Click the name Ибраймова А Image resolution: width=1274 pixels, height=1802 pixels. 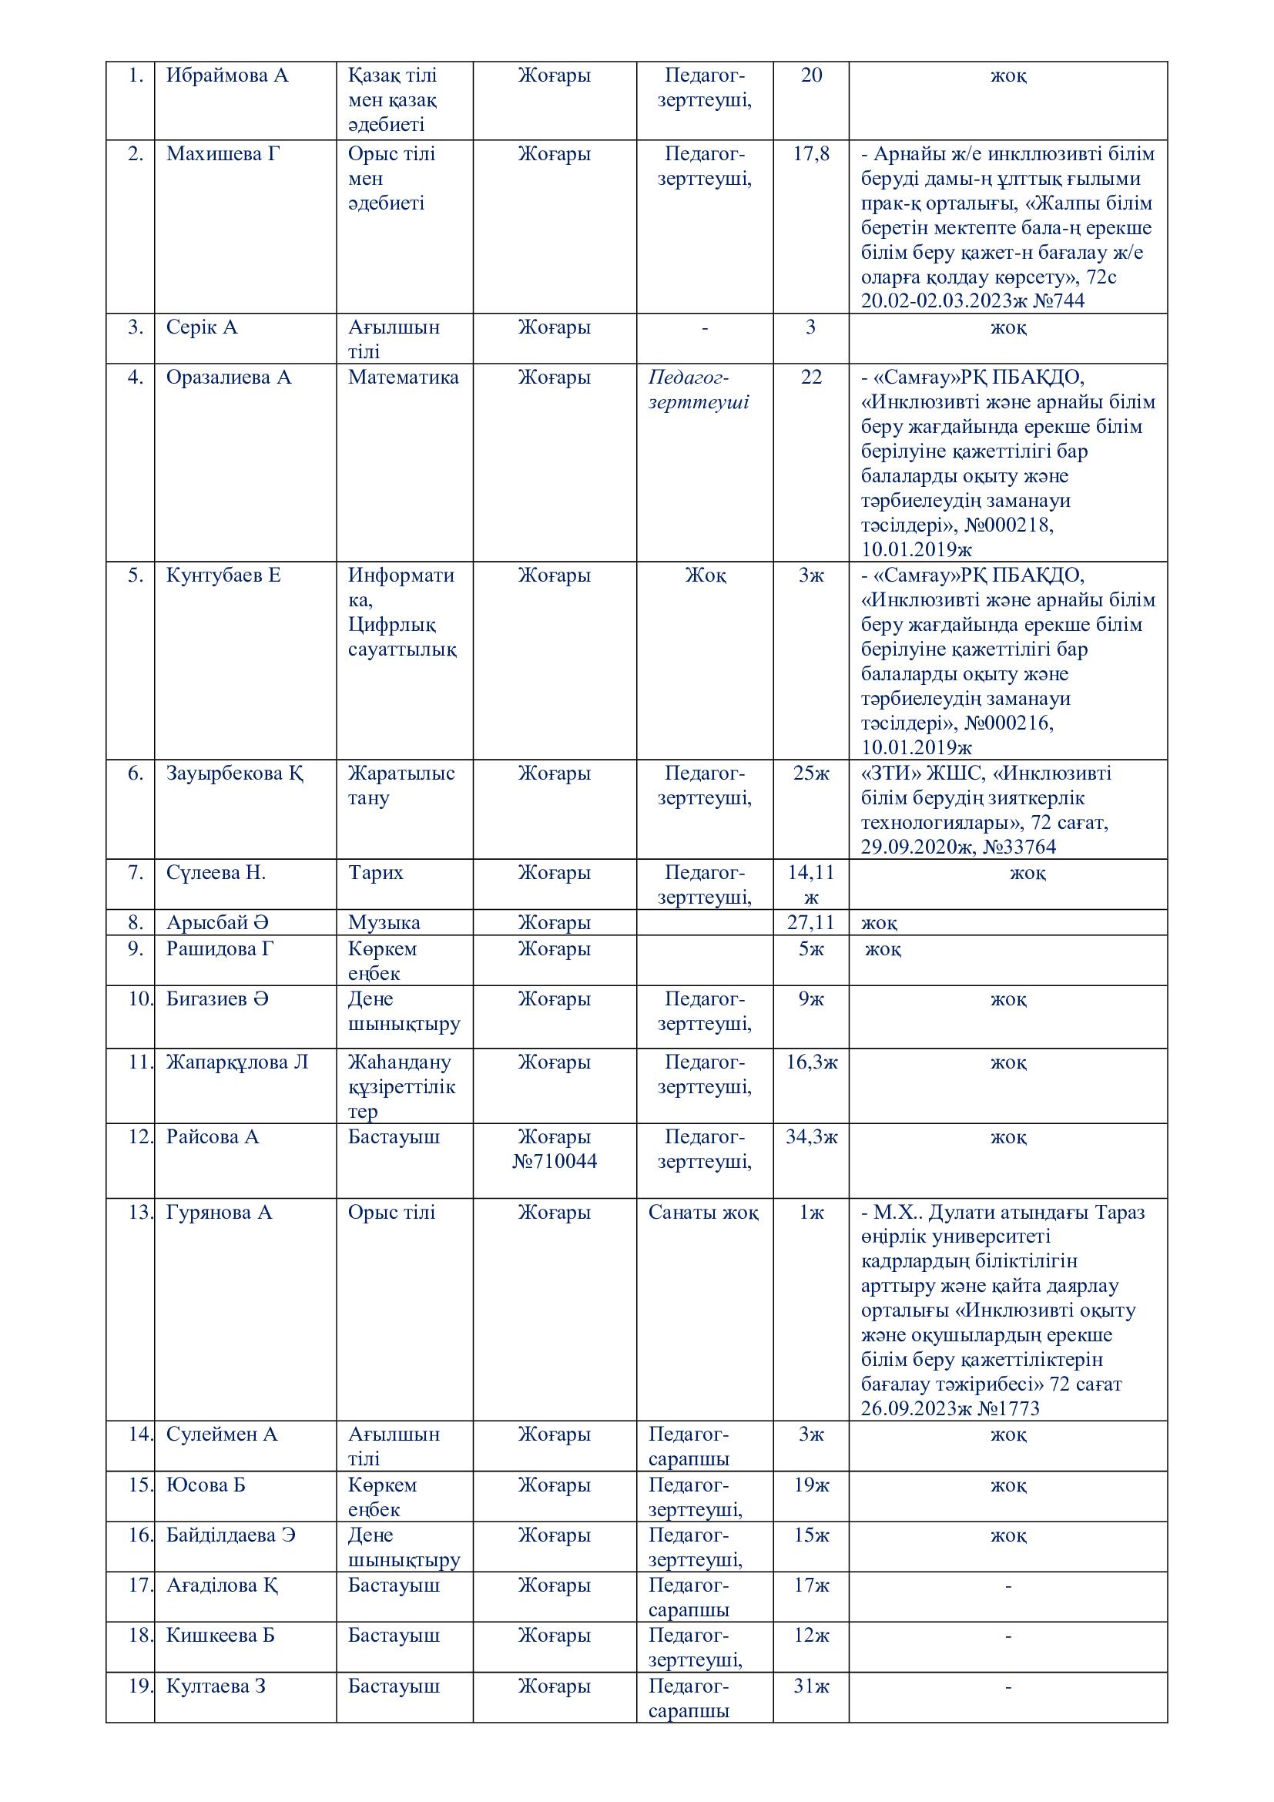226,76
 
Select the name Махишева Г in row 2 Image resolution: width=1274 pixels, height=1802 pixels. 223,154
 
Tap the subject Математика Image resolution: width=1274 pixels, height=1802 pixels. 403,378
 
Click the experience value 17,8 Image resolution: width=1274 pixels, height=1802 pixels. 811,154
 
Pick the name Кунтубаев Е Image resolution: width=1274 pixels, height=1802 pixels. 223,575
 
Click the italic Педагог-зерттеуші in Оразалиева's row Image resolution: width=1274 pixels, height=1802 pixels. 698,390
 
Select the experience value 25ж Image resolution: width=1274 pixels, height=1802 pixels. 811,773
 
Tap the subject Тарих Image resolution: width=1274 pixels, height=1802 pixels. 376,873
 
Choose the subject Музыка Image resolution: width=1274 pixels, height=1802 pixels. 384,923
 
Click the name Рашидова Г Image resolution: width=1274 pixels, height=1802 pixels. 220,949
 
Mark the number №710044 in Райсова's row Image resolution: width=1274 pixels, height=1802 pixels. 555,1162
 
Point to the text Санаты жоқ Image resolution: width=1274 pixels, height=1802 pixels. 704,1213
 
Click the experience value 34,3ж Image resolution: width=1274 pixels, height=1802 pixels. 811,1137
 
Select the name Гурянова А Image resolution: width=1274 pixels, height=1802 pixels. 219,1213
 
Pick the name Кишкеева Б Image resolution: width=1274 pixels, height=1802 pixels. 220,1636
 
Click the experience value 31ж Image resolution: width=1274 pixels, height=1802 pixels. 811,1686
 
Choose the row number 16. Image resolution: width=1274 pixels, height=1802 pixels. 139,1535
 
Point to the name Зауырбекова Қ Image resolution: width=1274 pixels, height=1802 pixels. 235,773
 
